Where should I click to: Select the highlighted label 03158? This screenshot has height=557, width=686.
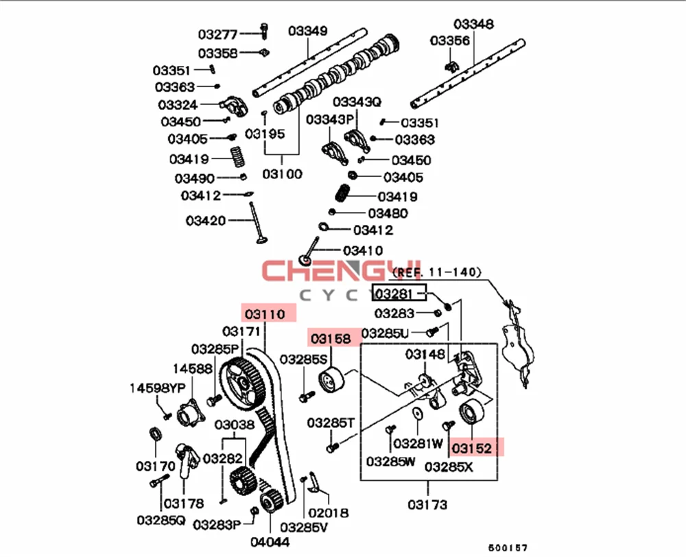[x=333, y=337]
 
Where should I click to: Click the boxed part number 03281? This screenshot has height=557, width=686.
[x=398, y=294]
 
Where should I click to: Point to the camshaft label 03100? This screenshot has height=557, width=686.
[x=281, y=174]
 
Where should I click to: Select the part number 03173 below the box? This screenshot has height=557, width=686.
[x=427, y=505]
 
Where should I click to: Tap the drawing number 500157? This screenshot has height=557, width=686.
[x=508, y=548]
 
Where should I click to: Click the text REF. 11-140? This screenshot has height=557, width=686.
[x=436, y=272]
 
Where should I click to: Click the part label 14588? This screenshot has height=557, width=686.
[x=192, y=368]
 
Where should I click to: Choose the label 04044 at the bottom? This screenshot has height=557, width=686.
[x=269, y=541]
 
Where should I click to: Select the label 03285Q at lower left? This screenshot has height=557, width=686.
[x=161, y=520]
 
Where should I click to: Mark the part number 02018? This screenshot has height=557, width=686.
[x=327, y=512]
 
